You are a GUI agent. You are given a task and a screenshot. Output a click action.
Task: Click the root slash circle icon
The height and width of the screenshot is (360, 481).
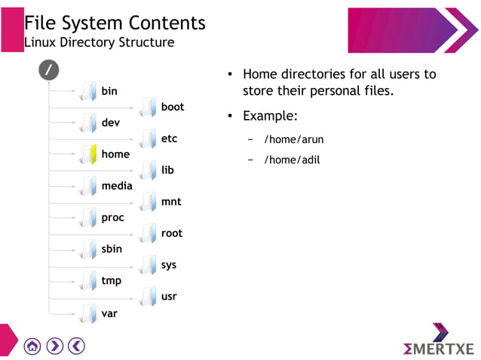[x=49, y=69]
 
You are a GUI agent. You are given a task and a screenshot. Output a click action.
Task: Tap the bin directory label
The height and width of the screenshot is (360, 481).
[x=109, y=91]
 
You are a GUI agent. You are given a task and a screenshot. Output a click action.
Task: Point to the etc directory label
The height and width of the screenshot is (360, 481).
[x=169, y=139]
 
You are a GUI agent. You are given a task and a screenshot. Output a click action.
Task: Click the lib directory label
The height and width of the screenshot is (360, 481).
[x=167, y=170]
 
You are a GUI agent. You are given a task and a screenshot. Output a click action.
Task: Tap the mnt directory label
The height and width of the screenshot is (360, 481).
[x=171, y=202]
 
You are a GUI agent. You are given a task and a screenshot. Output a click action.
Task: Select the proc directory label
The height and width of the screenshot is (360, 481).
[x=112, y=218]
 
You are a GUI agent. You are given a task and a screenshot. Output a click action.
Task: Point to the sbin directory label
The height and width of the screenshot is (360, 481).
[x=112, y=249]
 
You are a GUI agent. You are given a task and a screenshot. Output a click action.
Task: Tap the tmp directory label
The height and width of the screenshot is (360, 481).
[x=111, y=280]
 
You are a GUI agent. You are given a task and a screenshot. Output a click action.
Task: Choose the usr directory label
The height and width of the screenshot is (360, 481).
[x=169, y=296]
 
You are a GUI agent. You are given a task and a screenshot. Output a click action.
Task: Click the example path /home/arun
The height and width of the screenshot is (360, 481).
[x=293, y=140]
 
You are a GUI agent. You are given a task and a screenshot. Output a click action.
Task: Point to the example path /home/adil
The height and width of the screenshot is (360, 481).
[x=292, y=160]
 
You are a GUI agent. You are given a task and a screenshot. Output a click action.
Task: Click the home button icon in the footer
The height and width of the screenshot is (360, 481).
[x=32, y=346]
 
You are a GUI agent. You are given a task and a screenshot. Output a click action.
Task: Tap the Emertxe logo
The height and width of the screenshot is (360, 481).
[x=439, y=342]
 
